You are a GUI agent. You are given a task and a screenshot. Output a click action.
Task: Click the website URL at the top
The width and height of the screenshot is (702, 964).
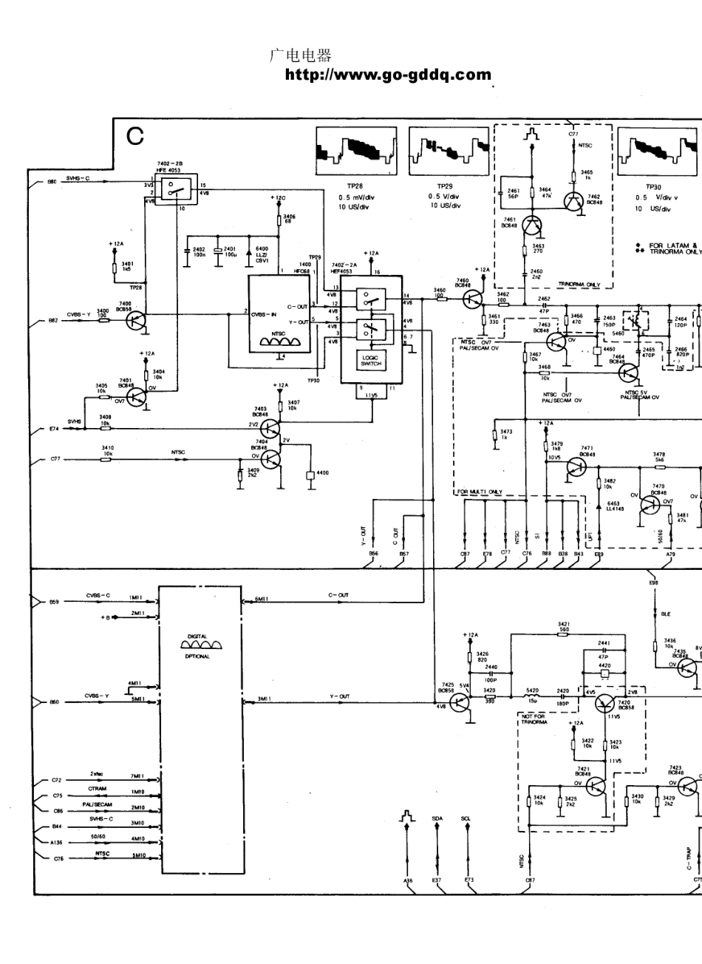(388, 75)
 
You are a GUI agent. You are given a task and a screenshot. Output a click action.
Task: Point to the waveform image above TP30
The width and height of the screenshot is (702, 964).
(657, 150)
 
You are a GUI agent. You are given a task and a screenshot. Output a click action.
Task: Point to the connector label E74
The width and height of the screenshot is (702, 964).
(52, 429)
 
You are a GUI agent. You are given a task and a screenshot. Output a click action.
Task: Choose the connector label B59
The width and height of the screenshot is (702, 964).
(53, 602)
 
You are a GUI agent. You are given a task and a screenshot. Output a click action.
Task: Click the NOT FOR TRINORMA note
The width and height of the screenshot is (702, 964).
(533, 719)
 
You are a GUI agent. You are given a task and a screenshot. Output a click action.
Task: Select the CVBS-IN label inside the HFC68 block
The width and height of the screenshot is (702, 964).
(264, 314)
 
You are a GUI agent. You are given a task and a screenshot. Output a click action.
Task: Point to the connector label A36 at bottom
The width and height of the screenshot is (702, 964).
(408, 880)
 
